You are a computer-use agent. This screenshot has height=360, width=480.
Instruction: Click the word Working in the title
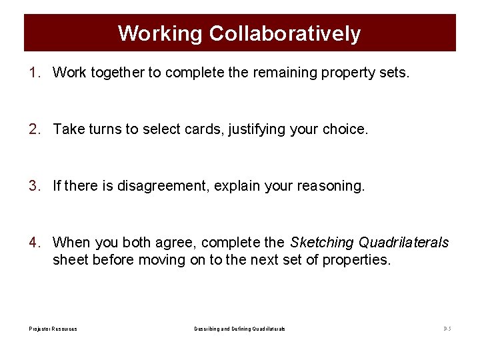click(x=160, y=33)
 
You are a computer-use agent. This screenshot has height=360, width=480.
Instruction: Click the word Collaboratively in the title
click(x=285, y=33)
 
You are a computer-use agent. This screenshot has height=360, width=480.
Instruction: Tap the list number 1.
click(x=35, y=72)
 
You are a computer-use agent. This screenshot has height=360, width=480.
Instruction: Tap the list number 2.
click(x=35, y=129)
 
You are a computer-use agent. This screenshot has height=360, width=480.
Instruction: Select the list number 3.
click(x=35, y=185)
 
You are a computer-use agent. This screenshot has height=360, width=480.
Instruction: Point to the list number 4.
click(x=35, y=242)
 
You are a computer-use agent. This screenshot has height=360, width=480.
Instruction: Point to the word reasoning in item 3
click(x=329, y=186)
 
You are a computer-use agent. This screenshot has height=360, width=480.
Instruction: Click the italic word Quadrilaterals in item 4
click(x=404, y=242)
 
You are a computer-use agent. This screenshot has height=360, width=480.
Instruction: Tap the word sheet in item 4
click(x=71, y=260)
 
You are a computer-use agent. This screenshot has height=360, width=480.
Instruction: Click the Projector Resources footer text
click(x=53, y=329)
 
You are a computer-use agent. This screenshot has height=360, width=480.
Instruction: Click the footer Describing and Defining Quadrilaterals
click(x=240, y=329)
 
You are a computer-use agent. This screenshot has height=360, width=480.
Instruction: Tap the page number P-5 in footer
click(x=447, y=329)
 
